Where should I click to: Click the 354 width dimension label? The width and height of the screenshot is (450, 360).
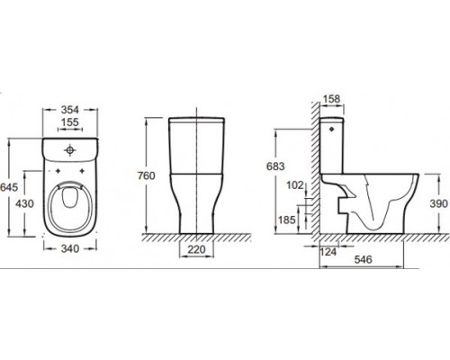tap(67, 109)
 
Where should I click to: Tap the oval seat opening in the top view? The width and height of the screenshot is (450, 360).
tap(67, 205)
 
